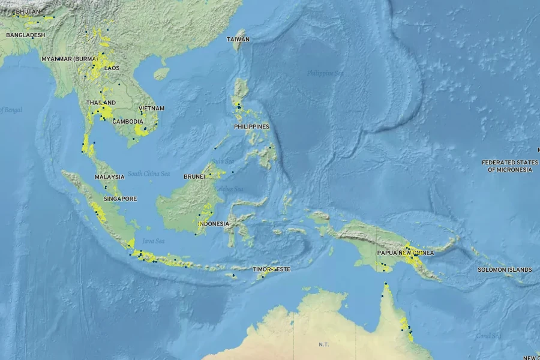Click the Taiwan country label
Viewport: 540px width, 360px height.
[x=238, y=39]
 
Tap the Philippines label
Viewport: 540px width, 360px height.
[x=252, y=127]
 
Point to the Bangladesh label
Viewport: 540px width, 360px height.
[x=26, y=35]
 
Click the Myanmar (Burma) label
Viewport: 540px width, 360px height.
[x=70, y=59]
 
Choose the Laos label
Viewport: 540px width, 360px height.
[x=112, y=68]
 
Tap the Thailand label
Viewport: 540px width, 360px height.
[x=101, y=103]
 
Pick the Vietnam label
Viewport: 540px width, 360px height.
[x=151, y=109]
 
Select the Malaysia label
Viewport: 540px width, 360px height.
[x=110, y=177]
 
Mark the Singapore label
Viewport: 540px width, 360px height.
[x=120, y=199]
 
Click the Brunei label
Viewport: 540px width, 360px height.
[x=194, y=177]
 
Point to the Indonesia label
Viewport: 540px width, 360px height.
[x=214, y=224]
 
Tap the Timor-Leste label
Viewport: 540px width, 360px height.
[x=271, y=269]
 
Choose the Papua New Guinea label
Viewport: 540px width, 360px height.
[x=405, y=253]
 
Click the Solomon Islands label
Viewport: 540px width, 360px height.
[x=505, y=269]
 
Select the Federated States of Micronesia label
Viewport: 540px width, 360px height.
[x=509, y=166]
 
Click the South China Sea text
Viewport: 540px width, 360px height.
[x=149, y=174]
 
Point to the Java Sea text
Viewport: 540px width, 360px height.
[x=154, y=241]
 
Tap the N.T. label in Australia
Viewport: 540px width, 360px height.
[x=323, y=344]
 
